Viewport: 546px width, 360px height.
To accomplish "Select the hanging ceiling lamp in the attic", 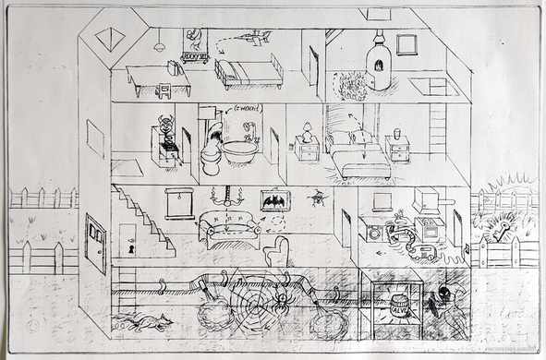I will click(x=160, y=43).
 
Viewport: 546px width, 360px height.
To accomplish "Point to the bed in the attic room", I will click(x=248, y=70).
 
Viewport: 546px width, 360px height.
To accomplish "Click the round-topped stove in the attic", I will click(x=377, y=63).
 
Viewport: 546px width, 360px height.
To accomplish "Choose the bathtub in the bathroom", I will click(x=239, y=150).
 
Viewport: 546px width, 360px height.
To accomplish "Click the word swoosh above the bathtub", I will click(x=242, y=109).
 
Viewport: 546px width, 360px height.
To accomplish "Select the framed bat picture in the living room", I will click(x=273, y=201).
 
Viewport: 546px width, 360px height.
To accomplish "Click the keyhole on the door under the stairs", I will click(x=130, y=250).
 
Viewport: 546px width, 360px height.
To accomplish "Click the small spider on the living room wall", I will click(x=320, y=195).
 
